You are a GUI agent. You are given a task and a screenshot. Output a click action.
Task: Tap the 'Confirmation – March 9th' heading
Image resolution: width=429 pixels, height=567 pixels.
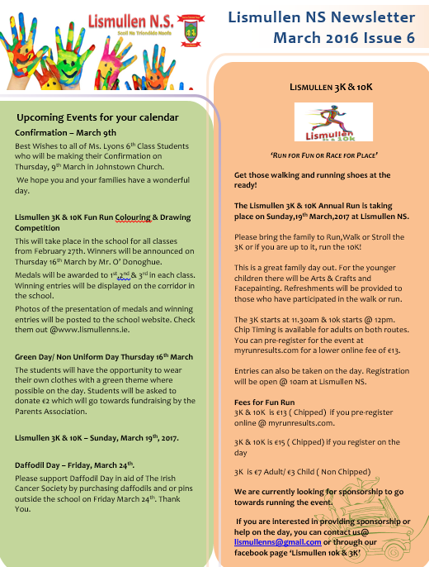pyautogui.click(x=66, y=132)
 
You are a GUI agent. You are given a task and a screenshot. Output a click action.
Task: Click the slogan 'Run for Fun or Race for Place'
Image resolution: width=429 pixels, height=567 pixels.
pyautogui.click(x=323, y=155)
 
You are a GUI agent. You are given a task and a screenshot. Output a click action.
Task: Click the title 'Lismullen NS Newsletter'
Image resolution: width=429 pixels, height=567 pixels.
pyautogui.click(x=321, y=17)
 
